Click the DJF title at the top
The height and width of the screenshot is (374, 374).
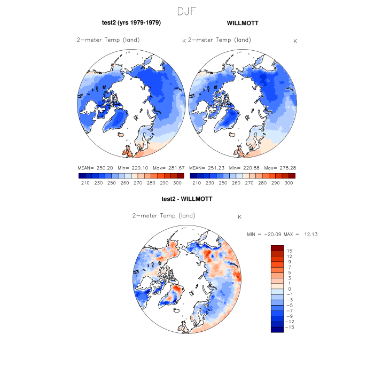click(x=187, y=11)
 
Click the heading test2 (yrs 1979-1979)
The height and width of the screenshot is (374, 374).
click(x=131, y=23)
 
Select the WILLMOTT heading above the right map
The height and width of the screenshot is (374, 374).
click(x=243, y=23)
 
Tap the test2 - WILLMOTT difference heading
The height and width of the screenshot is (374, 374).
click(x=187, y=199)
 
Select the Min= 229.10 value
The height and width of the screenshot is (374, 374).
click(x=132, y=168)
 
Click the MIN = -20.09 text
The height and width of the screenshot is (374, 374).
click(x=263, y=235)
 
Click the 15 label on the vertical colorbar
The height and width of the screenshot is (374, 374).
click(x=289, y=251)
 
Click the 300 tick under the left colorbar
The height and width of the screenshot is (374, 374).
click(x=177, y=183)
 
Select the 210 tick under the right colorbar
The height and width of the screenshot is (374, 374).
click(x=196, y=183)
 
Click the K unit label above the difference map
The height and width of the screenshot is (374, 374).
click(x=240, y=217)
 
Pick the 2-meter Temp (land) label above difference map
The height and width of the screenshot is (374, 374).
click(x=163, y=216)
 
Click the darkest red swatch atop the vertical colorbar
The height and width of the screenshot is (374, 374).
click(x=277, y=248)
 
